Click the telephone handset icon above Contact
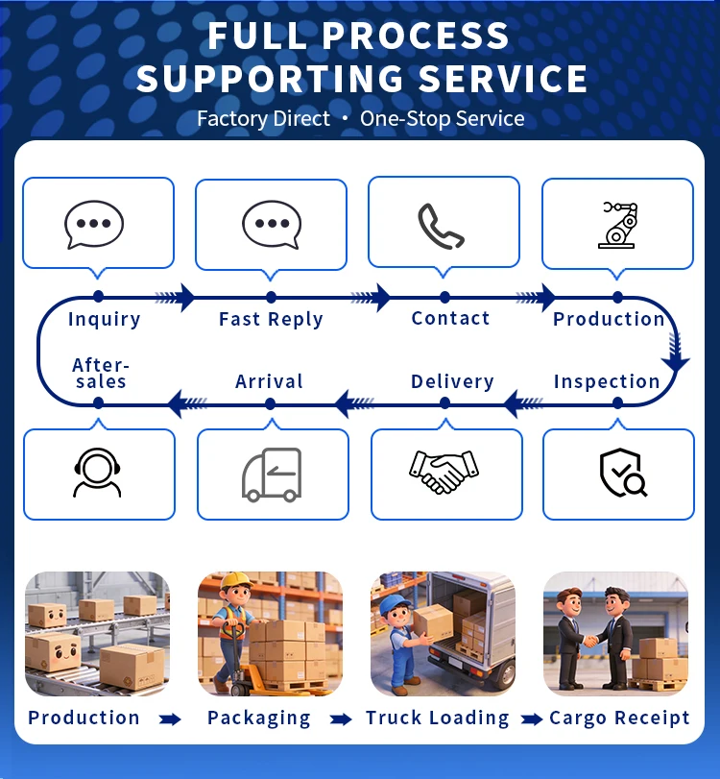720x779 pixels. click(442, 226)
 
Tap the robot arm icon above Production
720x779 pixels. click(617, 225)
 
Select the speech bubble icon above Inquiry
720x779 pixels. click(94, 225)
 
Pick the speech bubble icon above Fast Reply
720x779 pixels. click(272, 225)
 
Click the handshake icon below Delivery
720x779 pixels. click(444, 472)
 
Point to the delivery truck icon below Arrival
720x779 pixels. click(272, 475)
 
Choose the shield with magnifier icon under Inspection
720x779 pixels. click(621, 473)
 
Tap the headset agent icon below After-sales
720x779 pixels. click(97, 474)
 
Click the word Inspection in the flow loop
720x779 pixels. click(607, 381)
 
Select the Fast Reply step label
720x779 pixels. click(271, 319)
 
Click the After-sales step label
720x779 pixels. click(101, 373)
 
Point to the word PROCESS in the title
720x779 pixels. click(416, 36)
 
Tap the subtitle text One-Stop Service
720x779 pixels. click(443, 119)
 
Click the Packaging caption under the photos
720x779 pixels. click(259, 718)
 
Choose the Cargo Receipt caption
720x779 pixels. click(619, 718)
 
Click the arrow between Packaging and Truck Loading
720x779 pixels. click(340, 718)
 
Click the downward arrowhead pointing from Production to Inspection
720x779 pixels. click(676, 360)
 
